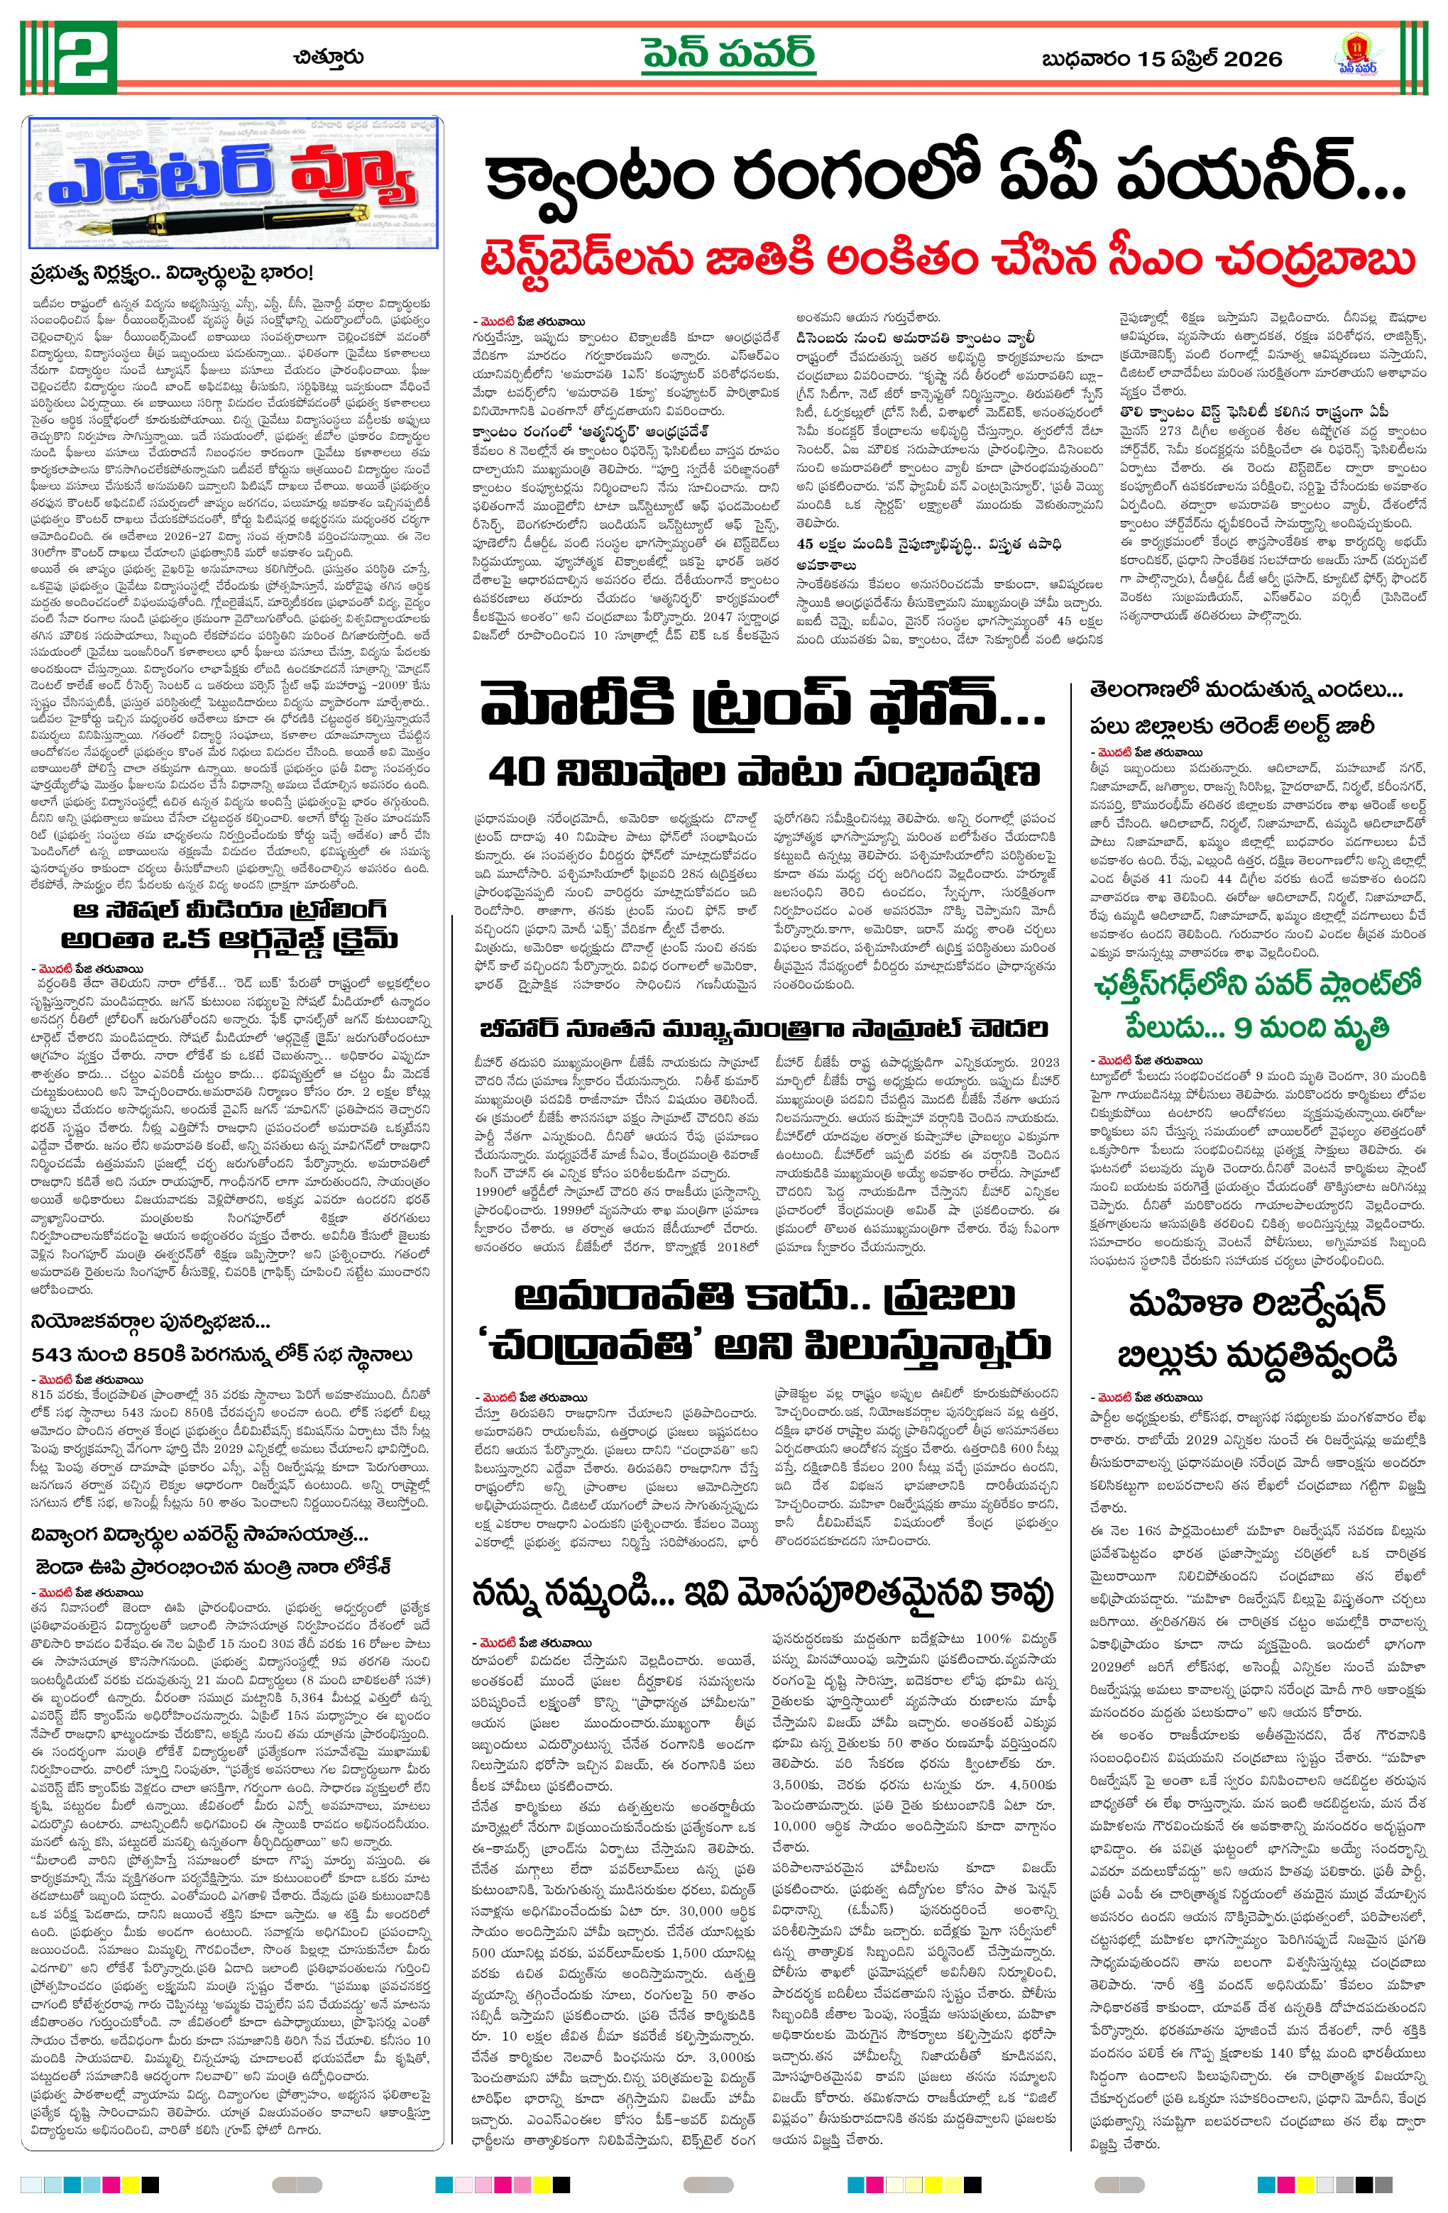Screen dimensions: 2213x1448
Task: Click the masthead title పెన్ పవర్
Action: click(x=728, y=56)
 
